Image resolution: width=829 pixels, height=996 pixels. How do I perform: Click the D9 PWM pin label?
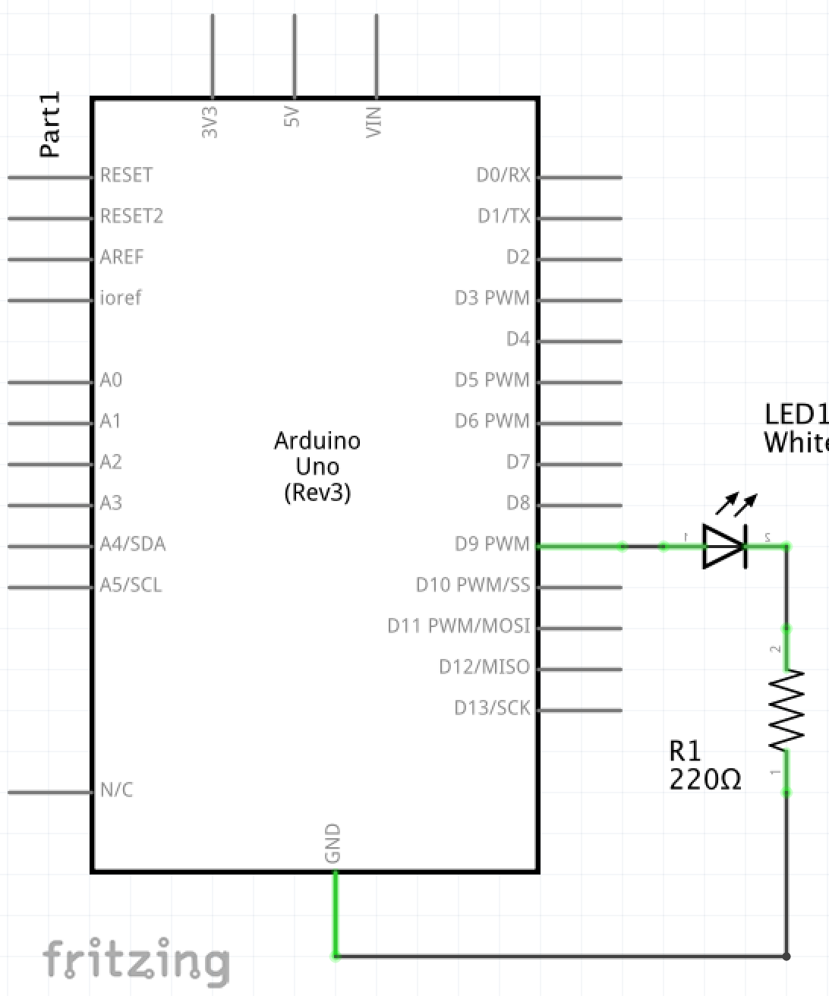click(x=492, y=544)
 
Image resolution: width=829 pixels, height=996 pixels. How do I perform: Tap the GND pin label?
click(x=333, y=843)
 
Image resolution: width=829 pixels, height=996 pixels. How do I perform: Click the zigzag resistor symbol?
click(x=786, y=710)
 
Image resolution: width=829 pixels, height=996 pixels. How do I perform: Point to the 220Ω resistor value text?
click(x=705, y=780)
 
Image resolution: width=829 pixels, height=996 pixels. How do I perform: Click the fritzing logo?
click(x=136, y=961)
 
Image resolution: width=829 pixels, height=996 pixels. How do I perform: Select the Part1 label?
click(x=49, y=125)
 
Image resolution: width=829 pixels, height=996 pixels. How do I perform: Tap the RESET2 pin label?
click(x=131, y=216)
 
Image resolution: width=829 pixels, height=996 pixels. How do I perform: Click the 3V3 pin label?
click(x=210, y=121)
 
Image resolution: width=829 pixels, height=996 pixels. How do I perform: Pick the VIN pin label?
click(x=374, y=121)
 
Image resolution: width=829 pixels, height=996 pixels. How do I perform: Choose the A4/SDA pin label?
click(x=133, y=544)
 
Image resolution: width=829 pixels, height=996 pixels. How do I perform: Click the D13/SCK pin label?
click(x=492, y=708)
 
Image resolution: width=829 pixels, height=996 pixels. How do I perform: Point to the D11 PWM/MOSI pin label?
click(x=459, y=626)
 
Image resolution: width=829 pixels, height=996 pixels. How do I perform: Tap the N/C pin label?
click(x=116, y=790)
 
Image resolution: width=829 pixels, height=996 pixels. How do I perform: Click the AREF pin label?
click(x=121, y=257)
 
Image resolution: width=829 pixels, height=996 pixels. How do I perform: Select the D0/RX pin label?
click(x=503, y=175)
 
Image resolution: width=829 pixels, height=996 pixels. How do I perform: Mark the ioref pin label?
click(x=121, y=298)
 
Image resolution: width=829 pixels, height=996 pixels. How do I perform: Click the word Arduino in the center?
click(x=317, y=441)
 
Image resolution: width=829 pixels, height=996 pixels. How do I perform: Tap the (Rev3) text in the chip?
click(x=317, y=493)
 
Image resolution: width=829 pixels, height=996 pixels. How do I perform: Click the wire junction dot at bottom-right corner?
click(x=786, y=957)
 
